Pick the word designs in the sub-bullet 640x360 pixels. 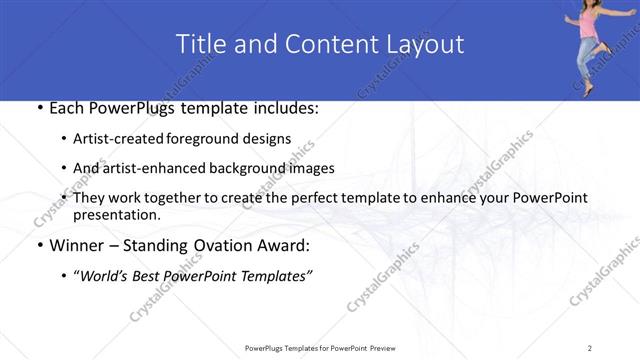(x=264, y=139)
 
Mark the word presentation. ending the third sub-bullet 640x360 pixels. (x=117, y=215)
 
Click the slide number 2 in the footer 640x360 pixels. (x=590, y=347)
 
